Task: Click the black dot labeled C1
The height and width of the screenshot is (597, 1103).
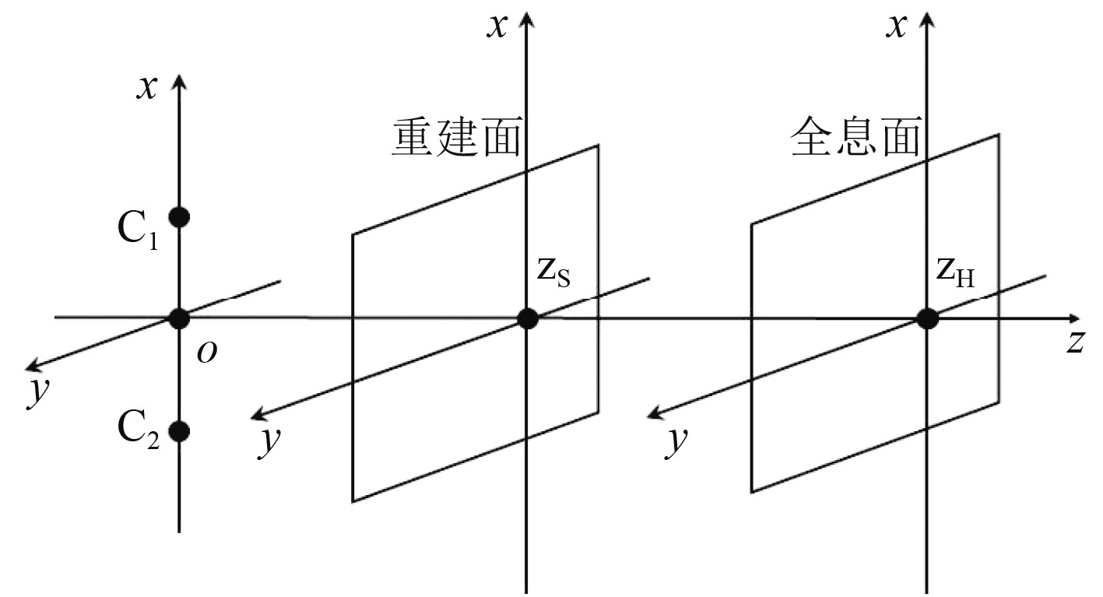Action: click(179, 216)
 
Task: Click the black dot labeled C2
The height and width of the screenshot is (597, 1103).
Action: click(179, 430)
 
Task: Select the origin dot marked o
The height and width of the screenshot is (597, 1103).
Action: click(179, 318)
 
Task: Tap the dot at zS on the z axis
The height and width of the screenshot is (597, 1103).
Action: click(528, 318)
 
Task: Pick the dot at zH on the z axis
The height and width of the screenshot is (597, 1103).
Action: click(926, 318)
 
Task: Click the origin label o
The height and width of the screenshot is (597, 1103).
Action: click(206, 353)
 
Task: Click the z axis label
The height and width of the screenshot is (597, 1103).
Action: click(1075, 343)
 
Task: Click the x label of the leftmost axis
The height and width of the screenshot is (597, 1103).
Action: click(146, 88)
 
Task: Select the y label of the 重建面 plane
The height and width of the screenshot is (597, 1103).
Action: click(270, 440)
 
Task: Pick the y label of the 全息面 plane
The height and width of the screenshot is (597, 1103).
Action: click(677, 440)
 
